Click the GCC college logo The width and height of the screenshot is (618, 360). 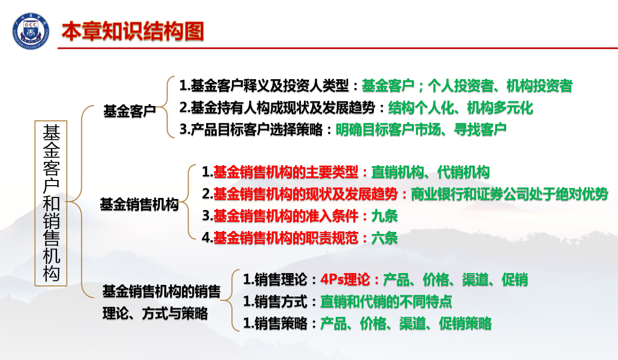pos(30,31)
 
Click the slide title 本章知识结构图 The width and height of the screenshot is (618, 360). pos(133,31)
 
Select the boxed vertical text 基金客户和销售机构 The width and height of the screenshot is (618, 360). pos(51,203)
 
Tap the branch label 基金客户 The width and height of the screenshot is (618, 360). pos(130,111)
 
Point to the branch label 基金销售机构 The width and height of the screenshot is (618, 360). pos(139,205)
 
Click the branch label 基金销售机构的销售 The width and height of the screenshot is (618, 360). pos(161,292)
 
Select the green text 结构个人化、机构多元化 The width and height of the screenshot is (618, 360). pos(461,108)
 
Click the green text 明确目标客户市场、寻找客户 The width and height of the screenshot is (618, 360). pos(421,130)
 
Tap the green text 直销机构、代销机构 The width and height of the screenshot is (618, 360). pos(430,172)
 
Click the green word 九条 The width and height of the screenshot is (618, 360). pos(385,216)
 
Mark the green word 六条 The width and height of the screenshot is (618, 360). pos(385,238)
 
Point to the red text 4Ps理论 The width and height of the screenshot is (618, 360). pos(345,280)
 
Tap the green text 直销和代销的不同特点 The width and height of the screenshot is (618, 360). pos(386,301)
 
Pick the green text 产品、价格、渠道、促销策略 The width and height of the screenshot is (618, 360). pos(406,323)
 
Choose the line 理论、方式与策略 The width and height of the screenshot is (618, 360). pos(155,313)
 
